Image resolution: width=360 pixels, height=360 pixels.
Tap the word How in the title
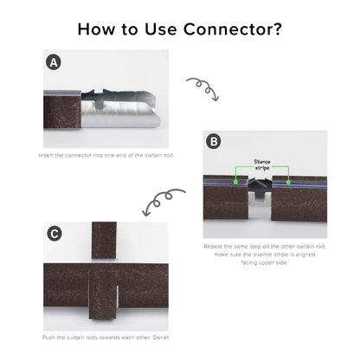(x=96, y=29)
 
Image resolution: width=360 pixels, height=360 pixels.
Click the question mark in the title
(x=275, y=29)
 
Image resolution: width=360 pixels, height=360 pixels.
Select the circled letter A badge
(x=54, y=62)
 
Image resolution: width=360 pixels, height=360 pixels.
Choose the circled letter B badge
(x=214, y=142)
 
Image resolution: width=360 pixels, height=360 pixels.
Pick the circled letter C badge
(x=55, y=234)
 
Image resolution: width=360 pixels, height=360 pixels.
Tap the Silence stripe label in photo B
(x=262, y=164)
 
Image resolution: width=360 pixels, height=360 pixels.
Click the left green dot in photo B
(x=235, y=182)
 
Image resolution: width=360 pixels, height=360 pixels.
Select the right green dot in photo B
(x=288, y=182)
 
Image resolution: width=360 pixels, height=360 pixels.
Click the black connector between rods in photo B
(x=260, y=187)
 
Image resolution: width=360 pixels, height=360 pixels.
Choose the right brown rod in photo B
(x=299, y=199)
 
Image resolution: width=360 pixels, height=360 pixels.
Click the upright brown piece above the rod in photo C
(x=104, y=241)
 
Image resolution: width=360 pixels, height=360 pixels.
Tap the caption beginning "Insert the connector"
(x=106, y=155)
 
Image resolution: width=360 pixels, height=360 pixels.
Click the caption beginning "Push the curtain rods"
(x=106, y=337)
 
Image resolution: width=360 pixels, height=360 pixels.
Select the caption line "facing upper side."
(x=265, y=262)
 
